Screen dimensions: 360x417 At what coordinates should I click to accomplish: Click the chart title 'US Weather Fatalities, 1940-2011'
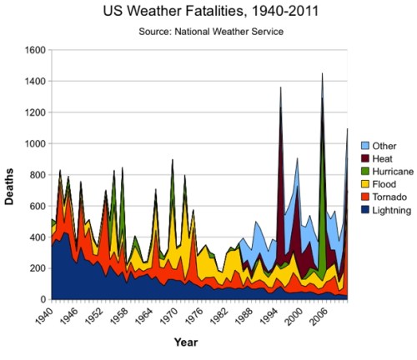tap(203, 13)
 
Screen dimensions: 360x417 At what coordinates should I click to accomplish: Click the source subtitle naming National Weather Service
tap(203, 32)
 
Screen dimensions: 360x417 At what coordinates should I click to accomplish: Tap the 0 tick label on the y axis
tap(42, 300)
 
